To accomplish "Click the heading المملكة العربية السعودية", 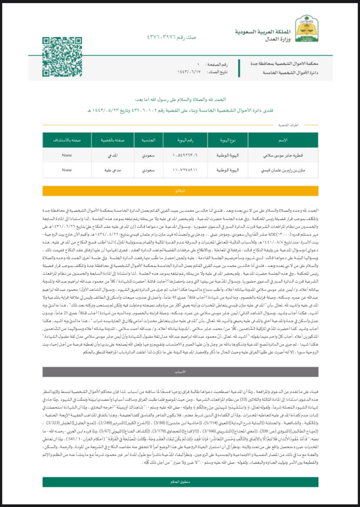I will (260, 33).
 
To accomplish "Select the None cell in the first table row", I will (67, 155).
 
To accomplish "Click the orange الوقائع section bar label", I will (180, 191).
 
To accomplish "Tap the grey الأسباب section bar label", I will (180, 372).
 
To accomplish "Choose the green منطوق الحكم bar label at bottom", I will (180, 481).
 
